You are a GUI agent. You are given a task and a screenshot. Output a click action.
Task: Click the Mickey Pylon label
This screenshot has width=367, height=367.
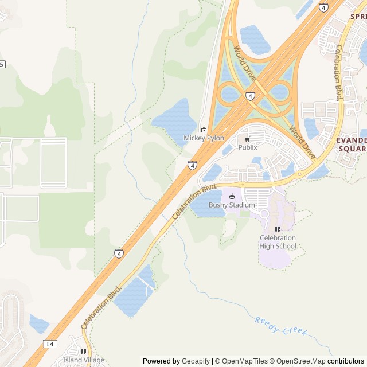pos(204,138)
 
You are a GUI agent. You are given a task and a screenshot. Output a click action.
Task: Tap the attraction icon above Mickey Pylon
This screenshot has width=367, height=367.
pos(204,130)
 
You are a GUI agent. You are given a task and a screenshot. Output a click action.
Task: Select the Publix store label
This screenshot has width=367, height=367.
pos(248,147)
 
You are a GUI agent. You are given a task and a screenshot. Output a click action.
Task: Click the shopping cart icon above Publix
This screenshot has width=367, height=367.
pos(247,139)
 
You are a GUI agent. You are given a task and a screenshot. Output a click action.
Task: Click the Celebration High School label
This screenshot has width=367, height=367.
pos(278,242)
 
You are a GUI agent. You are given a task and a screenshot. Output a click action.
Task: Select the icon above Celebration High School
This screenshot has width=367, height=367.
pos(278,230)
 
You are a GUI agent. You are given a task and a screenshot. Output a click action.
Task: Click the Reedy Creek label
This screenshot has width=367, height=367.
pos(282,327)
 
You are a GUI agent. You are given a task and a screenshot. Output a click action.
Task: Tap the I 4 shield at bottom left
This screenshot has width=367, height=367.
pos(50,343)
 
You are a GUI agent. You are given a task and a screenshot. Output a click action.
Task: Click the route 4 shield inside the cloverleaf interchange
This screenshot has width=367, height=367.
pos(251,96)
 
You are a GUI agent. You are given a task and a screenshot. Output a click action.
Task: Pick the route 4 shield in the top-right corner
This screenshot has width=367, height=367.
pos(324,8)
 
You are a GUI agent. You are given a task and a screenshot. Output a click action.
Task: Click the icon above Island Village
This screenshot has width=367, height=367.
pos(83,352)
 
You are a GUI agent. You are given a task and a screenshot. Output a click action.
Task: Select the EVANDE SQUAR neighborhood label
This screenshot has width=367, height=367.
pos(352,144)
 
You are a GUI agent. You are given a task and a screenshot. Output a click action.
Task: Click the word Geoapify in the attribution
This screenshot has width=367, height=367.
pos(196,361)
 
